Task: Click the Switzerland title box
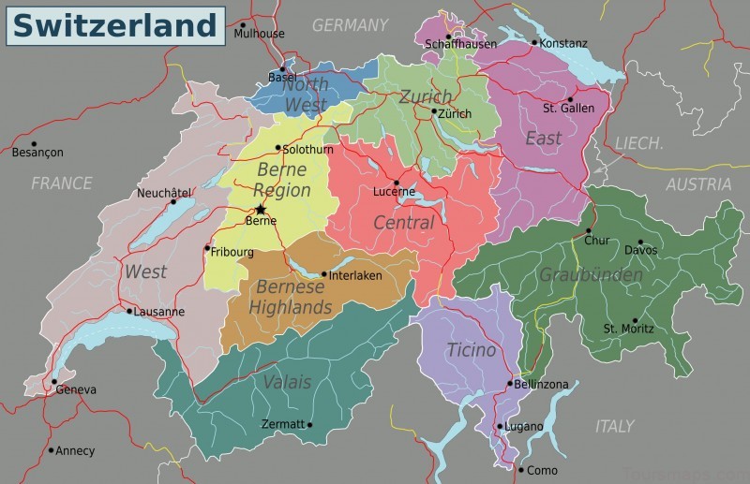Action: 115,24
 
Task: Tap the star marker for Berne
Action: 260,209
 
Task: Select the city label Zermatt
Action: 283,424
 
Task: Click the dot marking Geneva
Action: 54,383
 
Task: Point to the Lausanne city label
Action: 159,312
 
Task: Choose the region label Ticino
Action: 471,350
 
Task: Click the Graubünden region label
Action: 591,274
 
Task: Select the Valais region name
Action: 287,381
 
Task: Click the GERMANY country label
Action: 350,25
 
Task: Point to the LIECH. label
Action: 638,143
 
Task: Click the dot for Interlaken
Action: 324,275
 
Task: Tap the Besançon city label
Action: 37,152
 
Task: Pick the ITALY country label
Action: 614,426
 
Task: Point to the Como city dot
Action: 521,469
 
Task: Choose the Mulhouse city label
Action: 259,34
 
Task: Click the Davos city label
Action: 641,251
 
